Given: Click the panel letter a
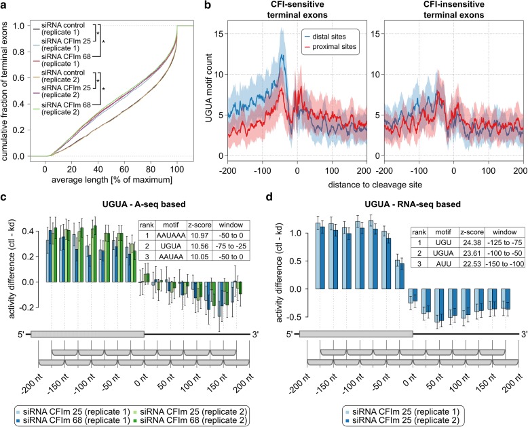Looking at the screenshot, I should (x=5, y=5).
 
